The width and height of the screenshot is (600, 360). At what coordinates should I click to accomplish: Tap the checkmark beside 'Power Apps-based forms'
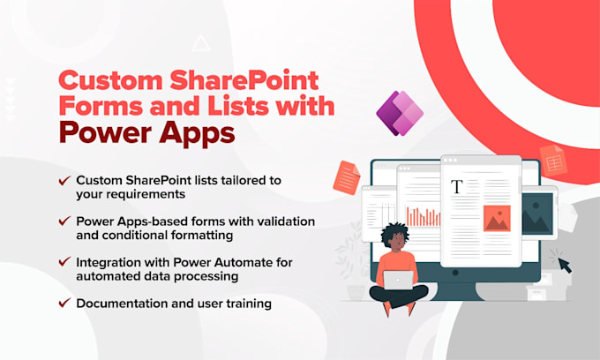[64, 221]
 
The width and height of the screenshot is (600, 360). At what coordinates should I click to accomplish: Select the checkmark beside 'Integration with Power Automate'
[64, 262]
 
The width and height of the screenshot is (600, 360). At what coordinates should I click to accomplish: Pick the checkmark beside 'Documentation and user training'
[64, 303]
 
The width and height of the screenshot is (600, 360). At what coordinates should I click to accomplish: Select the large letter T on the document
[457, 187]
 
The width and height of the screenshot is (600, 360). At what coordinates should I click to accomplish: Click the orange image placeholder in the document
[497, 218]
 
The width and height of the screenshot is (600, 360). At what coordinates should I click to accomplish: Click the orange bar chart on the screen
[423, 216]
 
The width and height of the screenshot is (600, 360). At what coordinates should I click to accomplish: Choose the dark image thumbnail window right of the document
[536, 215]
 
